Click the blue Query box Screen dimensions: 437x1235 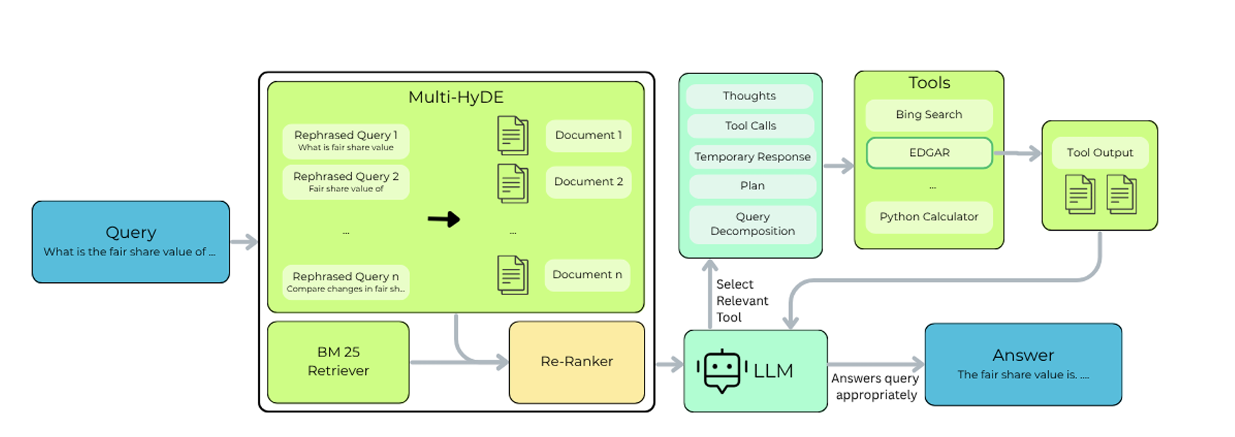131,242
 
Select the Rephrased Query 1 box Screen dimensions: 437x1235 345,141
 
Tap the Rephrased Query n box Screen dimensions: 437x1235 345,282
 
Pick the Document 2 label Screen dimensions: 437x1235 588,182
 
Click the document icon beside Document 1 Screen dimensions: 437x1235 512,135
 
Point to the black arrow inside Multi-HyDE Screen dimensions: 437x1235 443,220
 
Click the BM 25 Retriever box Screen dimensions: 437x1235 338,362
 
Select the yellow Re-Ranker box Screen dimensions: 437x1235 576,362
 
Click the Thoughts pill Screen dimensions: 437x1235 749,96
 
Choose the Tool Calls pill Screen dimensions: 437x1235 750,126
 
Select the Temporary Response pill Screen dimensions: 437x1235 752,157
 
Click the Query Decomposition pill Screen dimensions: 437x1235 752,224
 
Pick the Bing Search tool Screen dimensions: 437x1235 929,115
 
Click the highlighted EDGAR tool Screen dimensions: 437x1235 929,153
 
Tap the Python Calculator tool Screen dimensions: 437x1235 929,217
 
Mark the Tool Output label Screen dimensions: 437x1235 1100,153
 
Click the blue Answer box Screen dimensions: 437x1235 1023,364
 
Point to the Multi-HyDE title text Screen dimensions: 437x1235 456,97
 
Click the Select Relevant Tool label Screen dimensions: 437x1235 741,301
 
